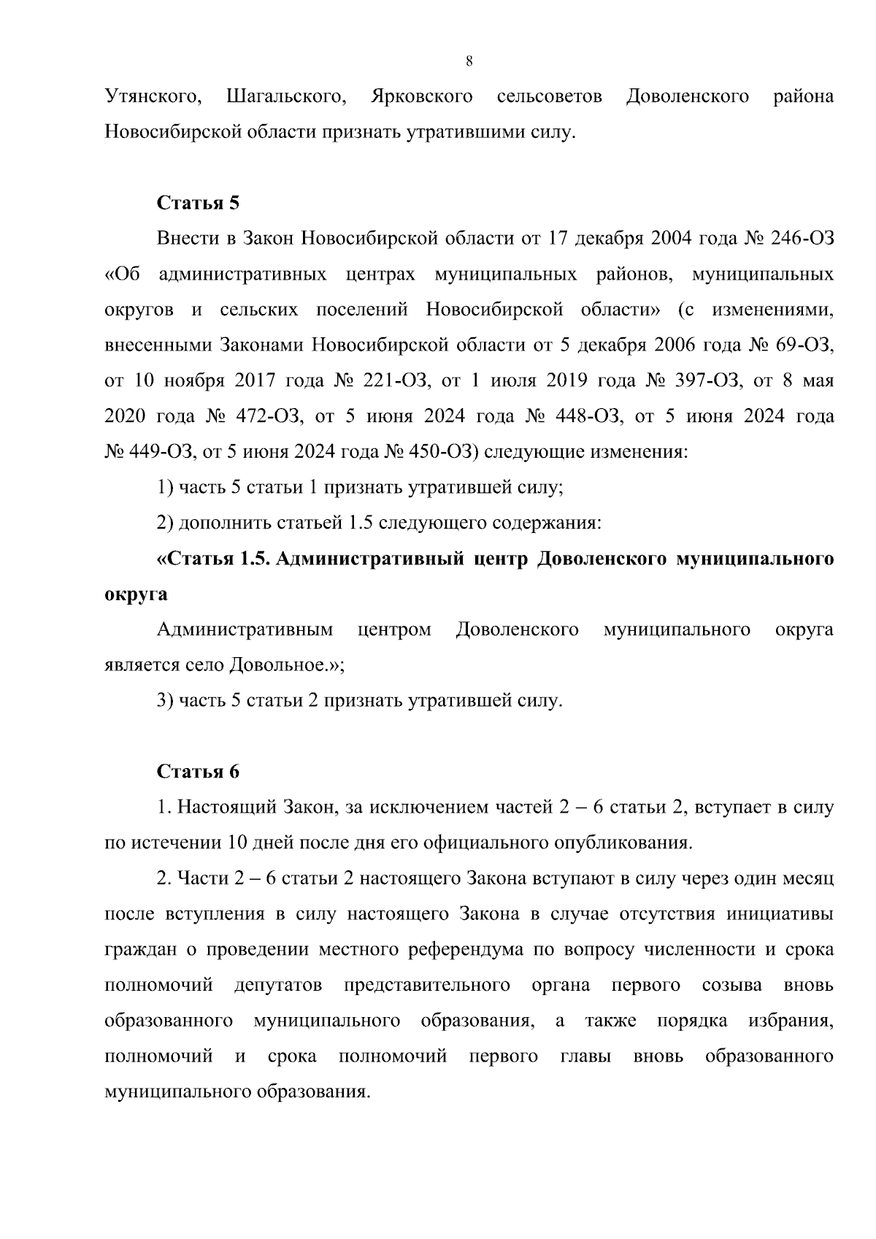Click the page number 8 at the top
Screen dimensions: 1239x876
(x=469, y=62)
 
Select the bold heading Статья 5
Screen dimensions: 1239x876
(x=199, y=202)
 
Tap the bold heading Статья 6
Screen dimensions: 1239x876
(x=199, y=771)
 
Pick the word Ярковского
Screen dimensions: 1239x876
(x=422, y=96)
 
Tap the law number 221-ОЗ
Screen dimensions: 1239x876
(x=395, y=380)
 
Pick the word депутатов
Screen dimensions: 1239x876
(x=278, y=985)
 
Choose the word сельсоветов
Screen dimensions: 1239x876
(x=549, y=96)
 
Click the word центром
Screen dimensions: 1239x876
(x=394, y=629)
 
